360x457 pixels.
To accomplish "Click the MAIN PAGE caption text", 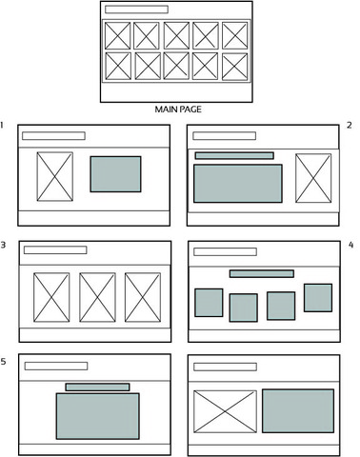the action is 180,109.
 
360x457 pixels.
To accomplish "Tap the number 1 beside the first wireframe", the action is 5,125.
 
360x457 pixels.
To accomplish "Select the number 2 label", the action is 350,125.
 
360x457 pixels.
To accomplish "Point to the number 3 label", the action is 5,245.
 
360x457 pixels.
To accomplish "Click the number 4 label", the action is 350,245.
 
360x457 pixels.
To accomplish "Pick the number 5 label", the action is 5,363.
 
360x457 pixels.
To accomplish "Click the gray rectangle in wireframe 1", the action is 115,174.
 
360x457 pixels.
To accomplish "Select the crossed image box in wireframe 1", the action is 54,176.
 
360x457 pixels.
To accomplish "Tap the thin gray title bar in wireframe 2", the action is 233,155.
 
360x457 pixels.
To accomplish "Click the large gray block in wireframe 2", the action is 237,183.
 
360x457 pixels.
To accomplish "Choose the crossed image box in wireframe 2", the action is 312,178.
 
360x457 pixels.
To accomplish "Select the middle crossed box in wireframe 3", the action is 97,297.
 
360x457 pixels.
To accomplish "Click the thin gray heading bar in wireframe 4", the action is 261,273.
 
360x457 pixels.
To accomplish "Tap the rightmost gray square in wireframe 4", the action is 317,298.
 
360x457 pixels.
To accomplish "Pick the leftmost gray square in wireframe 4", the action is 209,303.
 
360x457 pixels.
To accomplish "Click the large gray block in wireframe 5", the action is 97,416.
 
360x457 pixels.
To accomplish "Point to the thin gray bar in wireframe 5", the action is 97,387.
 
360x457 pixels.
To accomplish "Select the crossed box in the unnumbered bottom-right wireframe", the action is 225,410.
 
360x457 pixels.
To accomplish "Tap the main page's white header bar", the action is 135,10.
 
